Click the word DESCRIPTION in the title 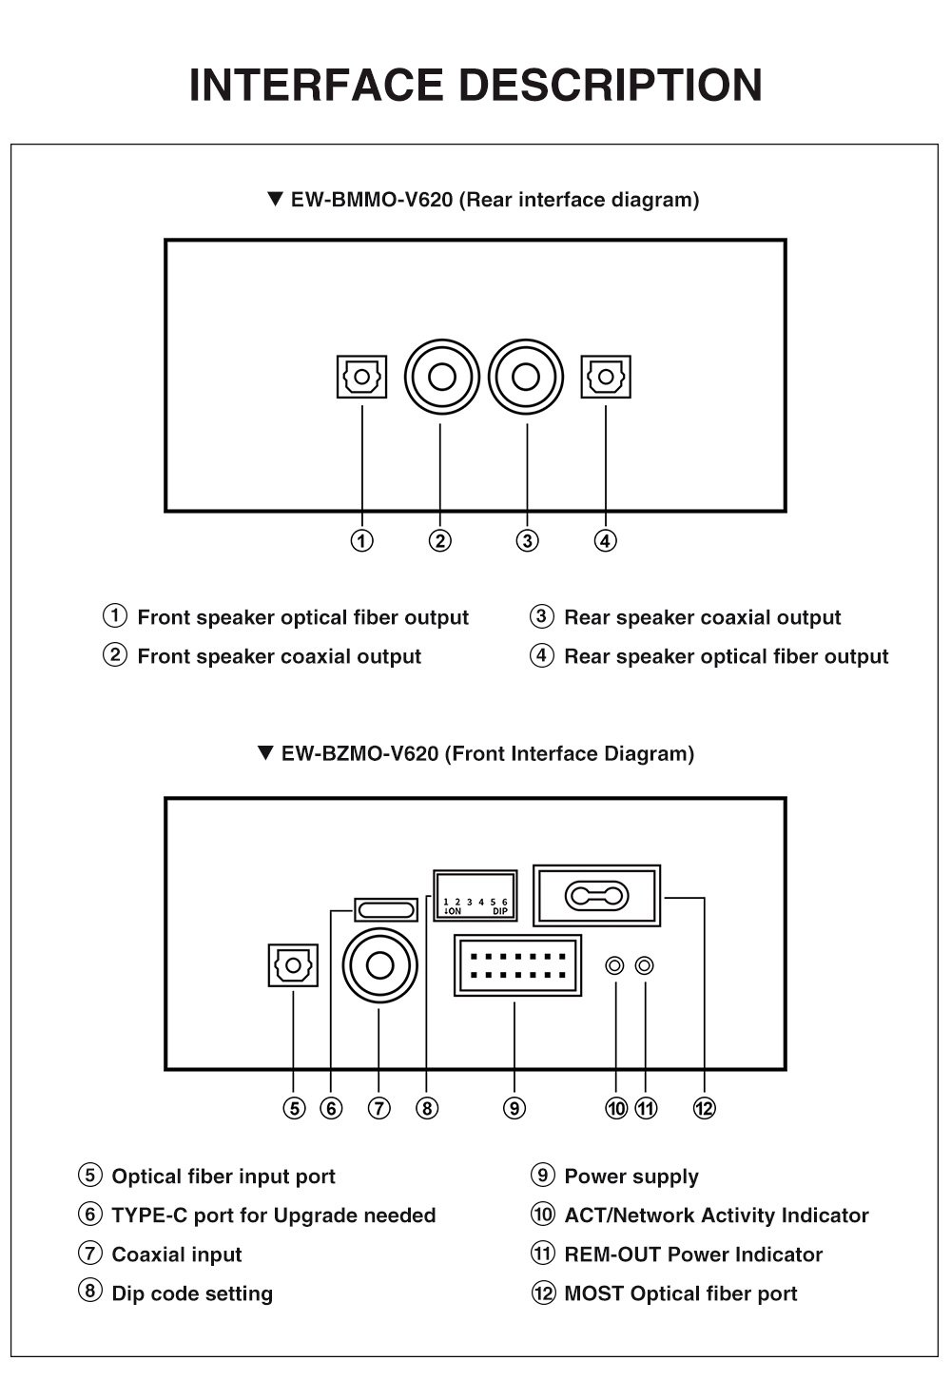pos(611,85)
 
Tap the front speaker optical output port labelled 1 pos(361,377)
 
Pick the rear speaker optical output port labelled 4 pos(606,377)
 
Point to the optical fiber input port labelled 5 pos(293,965)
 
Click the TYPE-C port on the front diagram pos(385,909)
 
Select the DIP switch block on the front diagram pos(475,895)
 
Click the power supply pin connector pos(518,965)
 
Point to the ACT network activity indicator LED pos(615,965)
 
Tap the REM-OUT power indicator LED pos(645,965)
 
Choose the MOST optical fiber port pos(597,895)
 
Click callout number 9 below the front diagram pos(514,1108)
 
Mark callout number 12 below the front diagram pos(704,1108)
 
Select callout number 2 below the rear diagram pos(439,541)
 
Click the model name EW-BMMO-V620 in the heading pos(372,200)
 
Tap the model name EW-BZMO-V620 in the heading pos(360,754)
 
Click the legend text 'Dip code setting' pos(192,1293)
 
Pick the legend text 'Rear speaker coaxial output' pos(703,617)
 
